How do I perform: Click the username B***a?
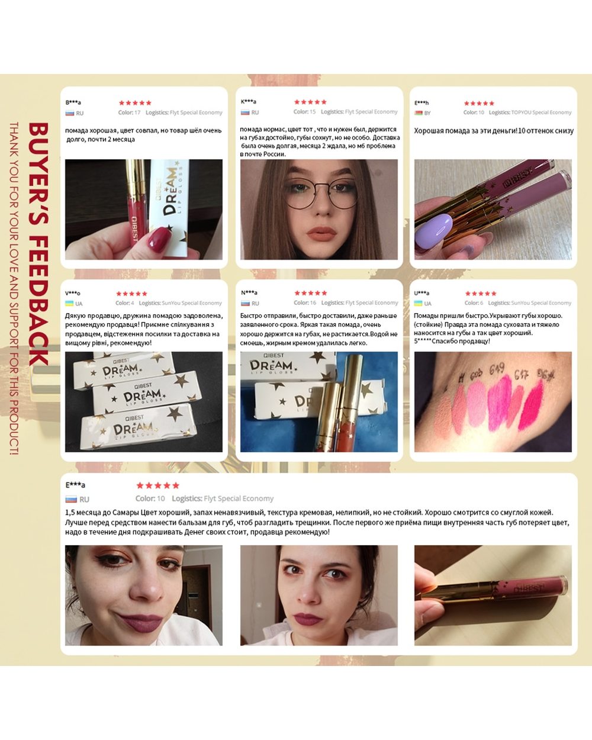(x=73, y=102)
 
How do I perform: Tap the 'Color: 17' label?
(x=129, y=112)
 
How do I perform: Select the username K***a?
(x=249, y=102)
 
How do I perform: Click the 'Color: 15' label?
(x=304, y=112)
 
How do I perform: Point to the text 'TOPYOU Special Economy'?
(x=541, y=112)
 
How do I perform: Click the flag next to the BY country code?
(x=419, y=112)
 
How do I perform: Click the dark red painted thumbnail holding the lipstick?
(x=159, y=239)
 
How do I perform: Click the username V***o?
(x=73, y=293)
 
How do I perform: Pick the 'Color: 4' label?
(x=124, y=303)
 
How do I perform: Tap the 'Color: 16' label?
(x=305, y=303)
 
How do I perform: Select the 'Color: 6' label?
(x=474, y=303)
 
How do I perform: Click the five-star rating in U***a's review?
(x=480, y=294)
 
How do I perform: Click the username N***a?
(x=249, y=293)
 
